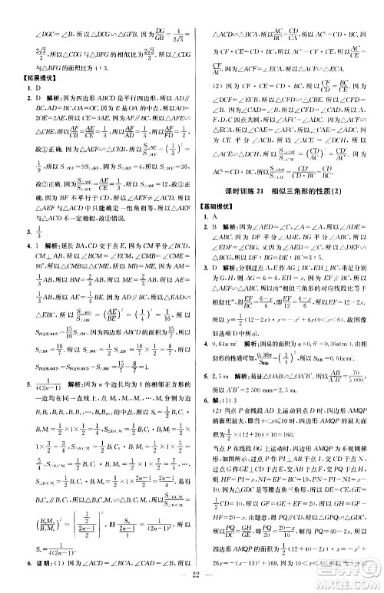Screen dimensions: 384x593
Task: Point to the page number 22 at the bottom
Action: point(192,580)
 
